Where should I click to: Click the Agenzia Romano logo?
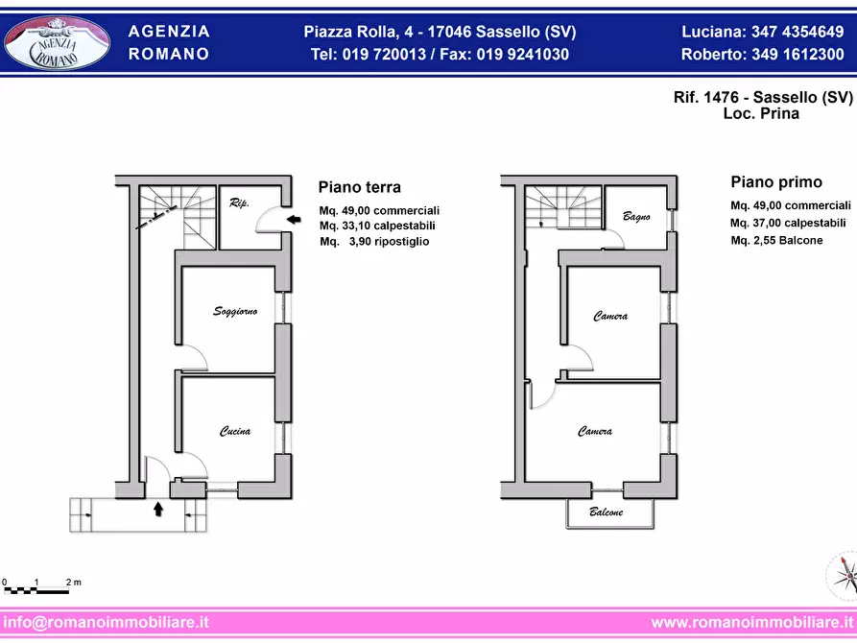57,42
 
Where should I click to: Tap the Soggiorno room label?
235,311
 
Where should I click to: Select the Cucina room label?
235,431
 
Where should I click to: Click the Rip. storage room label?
240,203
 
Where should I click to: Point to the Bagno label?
636,216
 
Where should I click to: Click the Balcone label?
607,512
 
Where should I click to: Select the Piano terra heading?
360,187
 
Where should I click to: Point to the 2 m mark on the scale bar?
73,583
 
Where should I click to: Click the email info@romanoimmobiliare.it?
107,622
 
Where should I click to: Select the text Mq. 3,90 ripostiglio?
374,242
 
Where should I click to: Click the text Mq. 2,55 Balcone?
776,240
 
